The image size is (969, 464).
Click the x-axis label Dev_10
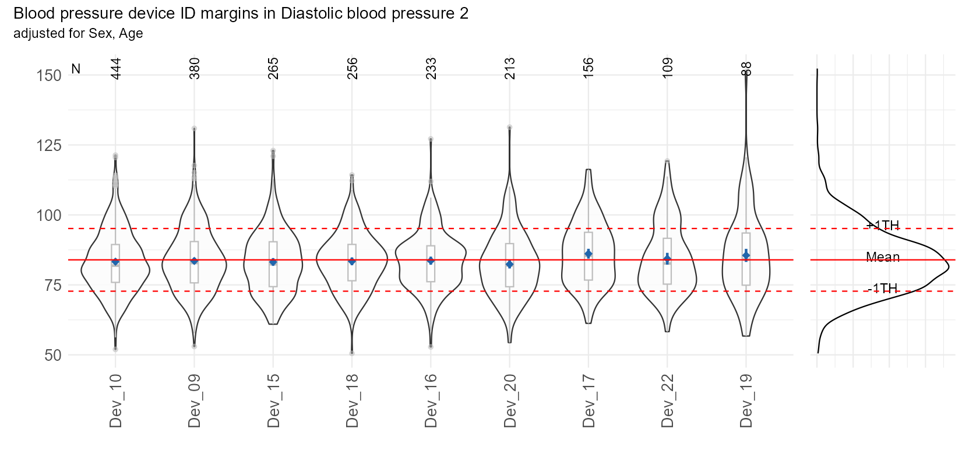click(115, 401)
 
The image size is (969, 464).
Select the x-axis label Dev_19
click(746, 401)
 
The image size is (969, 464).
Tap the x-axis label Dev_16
click(431, 401)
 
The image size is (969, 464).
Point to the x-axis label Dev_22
click(668, 401)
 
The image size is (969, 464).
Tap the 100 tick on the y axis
click(49, 216)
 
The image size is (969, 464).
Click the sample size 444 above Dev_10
click(115, 69)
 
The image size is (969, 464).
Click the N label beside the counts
click(76, 69)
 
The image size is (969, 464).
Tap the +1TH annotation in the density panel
click(882, 226)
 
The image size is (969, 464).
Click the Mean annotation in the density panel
click(883, 257)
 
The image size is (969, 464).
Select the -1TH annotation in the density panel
click(882, 289)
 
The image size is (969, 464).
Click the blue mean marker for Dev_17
click(589, 254)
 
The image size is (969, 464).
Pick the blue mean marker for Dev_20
click(510, 265)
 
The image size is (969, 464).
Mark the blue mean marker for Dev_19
click(746, 255)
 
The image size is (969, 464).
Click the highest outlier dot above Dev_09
click(194, 128)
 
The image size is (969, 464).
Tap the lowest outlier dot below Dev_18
click(352, 353)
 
